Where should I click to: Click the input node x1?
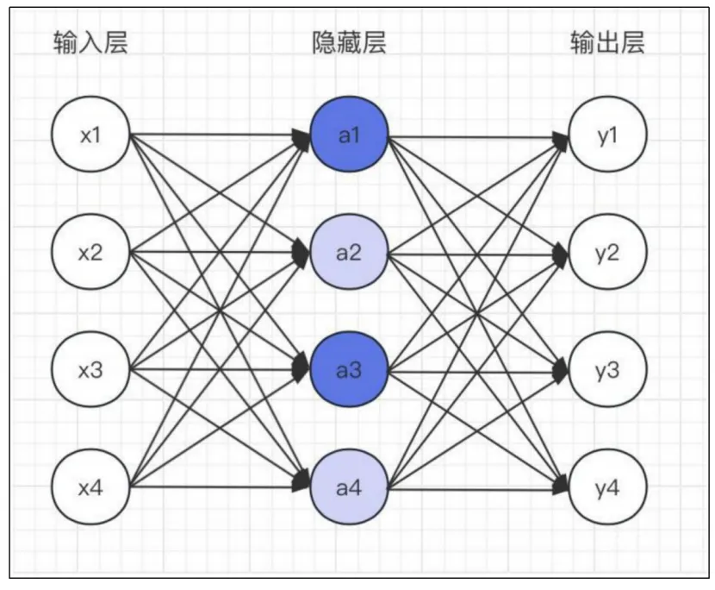click(x=90, y=136)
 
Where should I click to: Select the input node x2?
click(x=90, y=254)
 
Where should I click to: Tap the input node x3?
click(x=90, y=370)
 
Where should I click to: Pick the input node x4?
click(x=90, y=487)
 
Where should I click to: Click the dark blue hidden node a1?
click(x=349, y=136)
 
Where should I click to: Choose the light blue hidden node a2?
click(x=349, y=254)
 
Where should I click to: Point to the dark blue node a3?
click(x=349, y=370)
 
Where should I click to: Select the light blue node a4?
click(x=349, y=487)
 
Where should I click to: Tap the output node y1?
click(x=607, y=136)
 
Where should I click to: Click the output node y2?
click(x=607, y=254)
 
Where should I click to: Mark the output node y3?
click(x=607, y=370)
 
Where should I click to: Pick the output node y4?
click(x=607, y=487)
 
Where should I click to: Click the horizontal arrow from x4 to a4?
click(x=215, y=487)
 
